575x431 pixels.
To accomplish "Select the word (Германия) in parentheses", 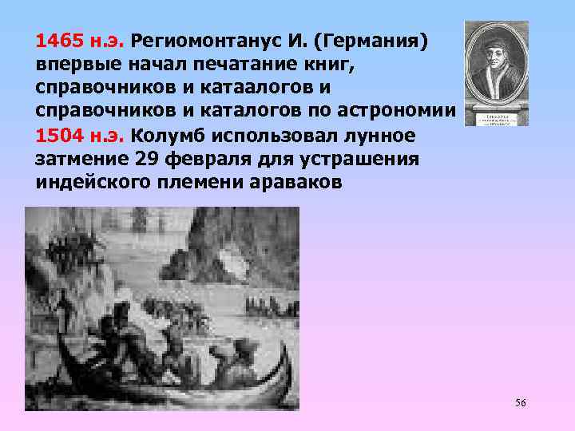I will (373, 41).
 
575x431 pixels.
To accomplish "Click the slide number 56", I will (520, 402).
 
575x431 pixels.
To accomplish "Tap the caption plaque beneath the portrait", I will (496, 117).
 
